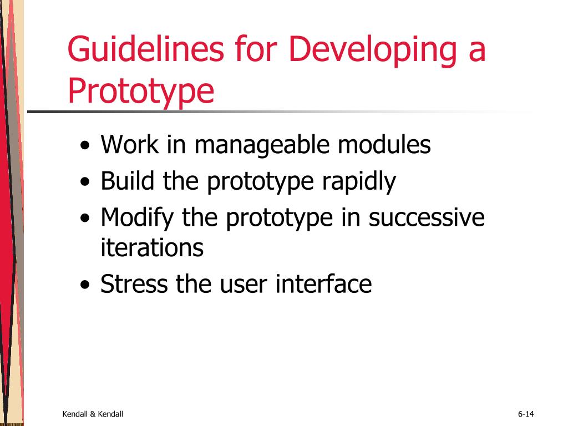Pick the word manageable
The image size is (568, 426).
click(x=262, y=145)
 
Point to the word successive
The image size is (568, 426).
click(x=427, y=218)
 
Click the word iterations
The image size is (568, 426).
click(x=152, y=247)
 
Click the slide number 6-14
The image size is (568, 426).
click(x=526, y=414)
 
